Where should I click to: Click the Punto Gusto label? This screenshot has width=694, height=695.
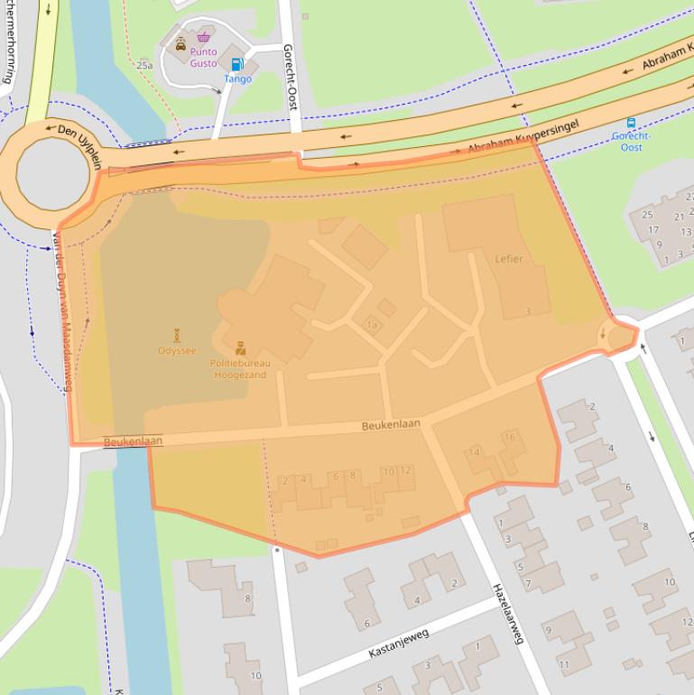click(x=203, y=58)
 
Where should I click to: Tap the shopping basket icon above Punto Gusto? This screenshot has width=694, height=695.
click(x=204, y=37)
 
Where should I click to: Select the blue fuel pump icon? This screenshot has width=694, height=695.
click(x=237, y=64)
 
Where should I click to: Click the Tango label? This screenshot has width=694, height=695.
click(x=237, y=79)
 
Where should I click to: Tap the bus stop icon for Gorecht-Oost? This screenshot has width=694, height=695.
click(x=631, y=123)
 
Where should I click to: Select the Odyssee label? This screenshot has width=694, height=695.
click(x=177, y=350)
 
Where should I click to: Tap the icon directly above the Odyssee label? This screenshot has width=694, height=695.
click(x=177, y=335)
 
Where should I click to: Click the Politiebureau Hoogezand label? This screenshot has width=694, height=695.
click(x=239, y=368)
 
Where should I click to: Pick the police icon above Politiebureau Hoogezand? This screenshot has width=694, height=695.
click(x=240, y=347)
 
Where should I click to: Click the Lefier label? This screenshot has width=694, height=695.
click(x=508, y=258)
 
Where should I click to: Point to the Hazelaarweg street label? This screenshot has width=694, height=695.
click(x=506, y=613)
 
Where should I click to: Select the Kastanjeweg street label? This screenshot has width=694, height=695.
click(x=398, y=643)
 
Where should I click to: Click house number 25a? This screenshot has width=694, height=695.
click(x=144, y=65)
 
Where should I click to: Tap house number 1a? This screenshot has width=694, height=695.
click(x=371, y=325)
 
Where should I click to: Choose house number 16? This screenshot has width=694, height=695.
click(x=510, y=438)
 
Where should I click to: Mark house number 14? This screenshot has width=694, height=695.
click(x=475, y=452)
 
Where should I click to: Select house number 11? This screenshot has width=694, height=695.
click(x=564, y=664)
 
